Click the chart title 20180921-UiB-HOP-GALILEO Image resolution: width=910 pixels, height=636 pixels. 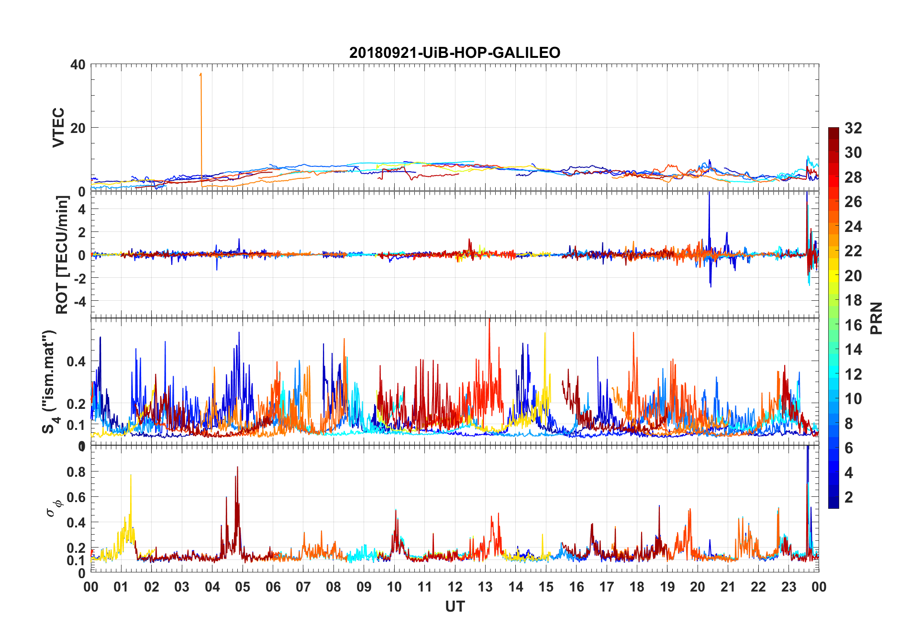(455, 53)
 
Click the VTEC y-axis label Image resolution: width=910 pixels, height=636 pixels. (58, 128)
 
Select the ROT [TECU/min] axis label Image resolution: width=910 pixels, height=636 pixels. (62, 255)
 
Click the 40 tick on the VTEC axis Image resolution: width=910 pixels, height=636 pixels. (78, 65)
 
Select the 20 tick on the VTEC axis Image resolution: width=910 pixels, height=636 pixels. (78, 128)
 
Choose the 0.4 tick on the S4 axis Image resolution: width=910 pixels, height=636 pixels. (76, 362)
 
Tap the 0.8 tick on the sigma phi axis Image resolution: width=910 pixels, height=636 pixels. (76, 472)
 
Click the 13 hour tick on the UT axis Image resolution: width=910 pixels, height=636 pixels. (485, 587)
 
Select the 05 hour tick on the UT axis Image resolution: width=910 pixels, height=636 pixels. (243, 587)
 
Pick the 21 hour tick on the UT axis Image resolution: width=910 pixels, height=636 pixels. (728, 587)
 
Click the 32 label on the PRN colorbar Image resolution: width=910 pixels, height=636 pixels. (853, 128)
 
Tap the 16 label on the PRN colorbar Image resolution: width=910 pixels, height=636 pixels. (853, 325)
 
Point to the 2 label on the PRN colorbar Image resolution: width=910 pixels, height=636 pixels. (849, 497)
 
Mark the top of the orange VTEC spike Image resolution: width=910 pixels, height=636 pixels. (201, 74)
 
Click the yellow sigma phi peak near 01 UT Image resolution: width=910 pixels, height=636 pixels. (131, 475)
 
